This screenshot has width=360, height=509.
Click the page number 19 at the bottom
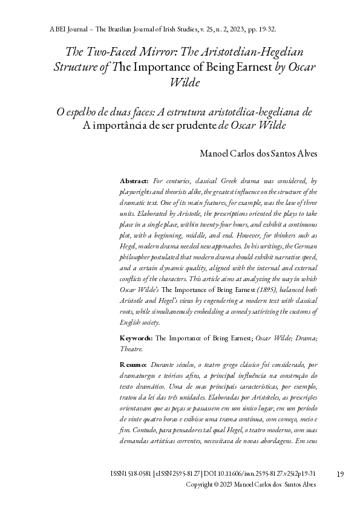[339, 474]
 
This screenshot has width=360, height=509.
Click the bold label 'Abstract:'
[134, 181]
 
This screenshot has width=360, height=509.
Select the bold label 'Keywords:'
[136, 338]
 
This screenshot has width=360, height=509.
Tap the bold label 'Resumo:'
[133, 365]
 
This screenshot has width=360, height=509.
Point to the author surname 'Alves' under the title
[305, 154]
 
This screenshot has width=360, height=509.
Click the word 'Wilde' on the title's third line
[186, 82]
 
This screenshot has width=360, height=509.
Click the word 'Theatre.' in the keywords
[132, 349]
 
